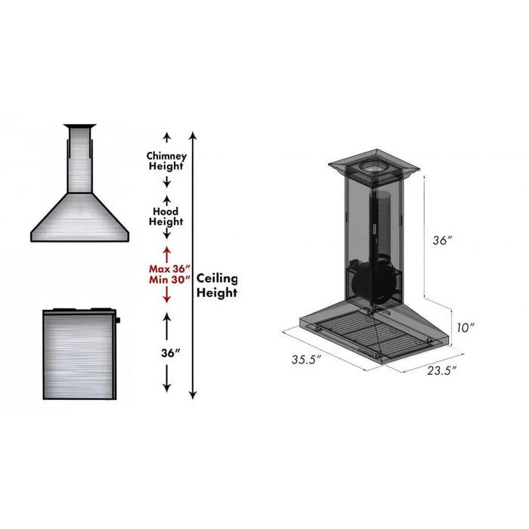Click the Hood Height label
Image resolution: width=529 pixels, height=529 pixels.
[166, 217]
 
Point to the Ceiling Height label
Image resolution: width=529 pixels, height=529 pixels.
[217, 286]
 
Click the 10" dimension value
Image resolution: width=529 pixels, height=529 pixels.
[466, 327]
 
